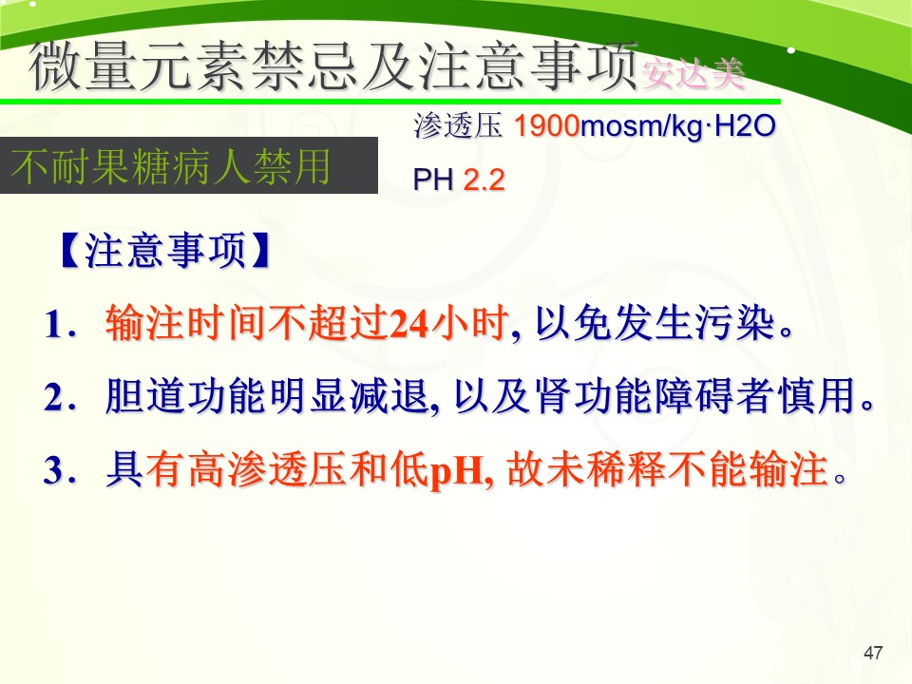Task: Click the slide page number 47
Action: pyautogui.click(x=873, y=653)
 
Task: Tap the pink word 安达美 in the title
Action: pyautogui.click(x=693, y=74)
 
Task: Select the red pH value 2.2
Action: pyautogui.click(x=484, y=180)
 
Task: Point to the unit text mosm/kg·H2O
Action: pyautogui.click(x=678, y=126)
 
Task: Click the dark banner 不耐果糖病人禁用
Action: pyautogui.click(x=188, y=165)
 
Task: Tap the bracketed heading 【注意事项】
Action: pyautogui.click(x=165, y=251)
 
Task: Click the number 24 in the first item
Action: pyautogui.click(x=409, y=323)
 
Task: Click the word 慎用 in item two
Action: pyautogui.click(x=818, y=396)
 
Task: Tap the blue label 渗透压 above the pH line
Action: pyautogui.click(x=458, y=125)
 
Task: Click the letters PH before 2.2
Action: pyautogui.click(x=433, y=180)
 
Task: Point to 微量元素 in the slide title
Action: pyautogui.click(x=137, y=66)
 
